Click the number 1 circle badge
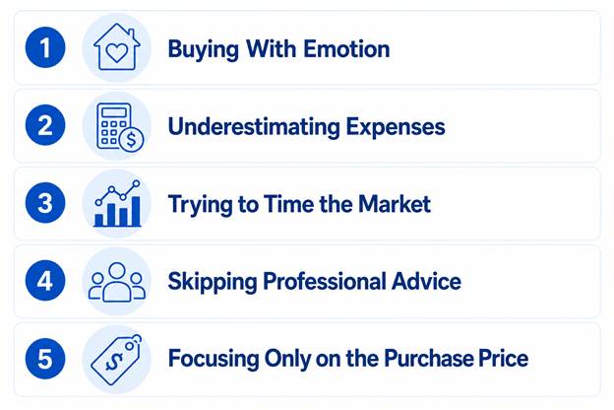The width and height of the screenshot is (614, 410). point(45,47)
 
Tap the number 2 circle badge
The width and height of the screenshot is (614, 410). point(45,125)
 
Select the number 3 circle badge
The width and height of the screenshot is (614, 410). point(45,203)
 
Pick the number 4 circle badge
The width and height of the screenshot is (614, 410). point(45,281)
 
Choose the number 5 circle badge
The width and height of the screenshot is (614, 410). point(45,358)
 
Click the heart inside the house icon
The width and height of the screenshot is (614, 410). point(117,53)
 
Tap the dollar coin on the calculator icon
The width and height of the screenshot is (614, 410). point(132,139)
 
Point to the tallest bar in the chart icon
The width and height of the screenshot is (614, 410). point(136,211)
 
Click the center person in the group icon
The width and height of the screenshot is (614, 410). point(117,282)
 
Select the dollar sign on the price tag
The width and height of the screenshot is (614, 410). point(114,362)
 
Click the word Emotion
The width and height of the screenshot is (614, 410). point(346,49)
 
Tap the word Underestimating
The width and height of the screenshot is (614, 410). point(254,127)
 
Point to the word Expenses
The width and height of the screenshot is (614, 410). point(396,128)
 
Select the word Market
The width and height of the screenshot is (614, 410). point(395,204)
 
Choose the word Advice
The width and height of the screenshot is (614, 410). point(426,281)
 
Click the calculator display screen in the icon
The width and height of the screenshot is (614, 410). point(114,112)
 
